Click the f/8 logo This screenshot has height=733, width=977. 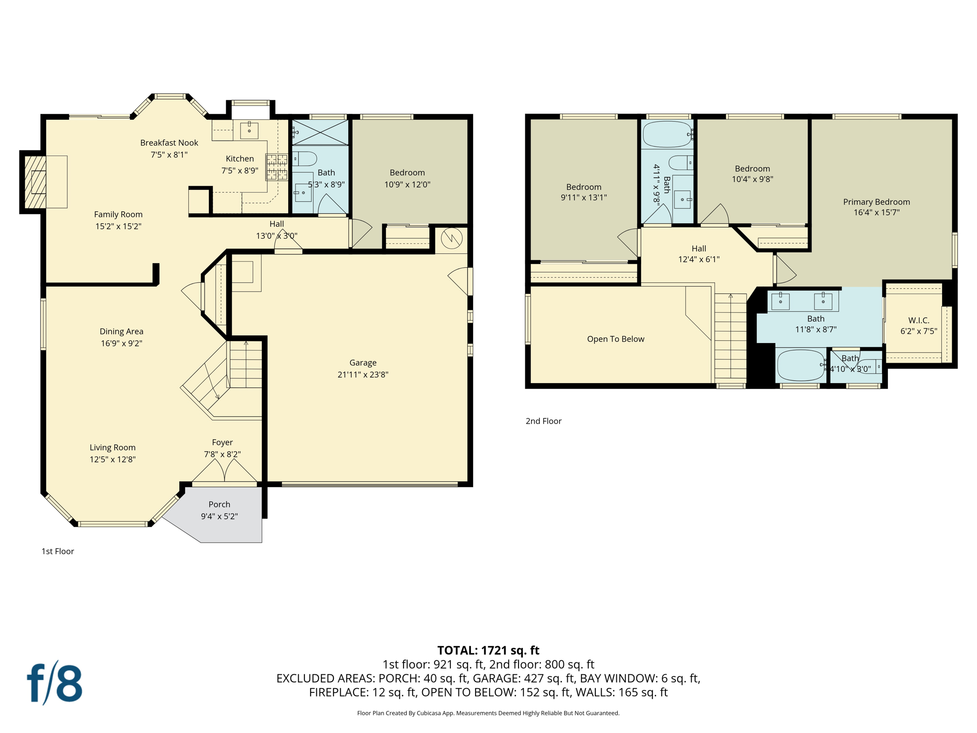pos(54,683)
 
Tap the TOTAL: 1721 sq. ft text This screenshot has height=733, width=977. pos(488,650)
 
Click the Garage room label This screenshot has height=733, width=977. pos(363,363)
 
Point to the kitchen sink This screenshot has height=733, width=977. pos(249,130)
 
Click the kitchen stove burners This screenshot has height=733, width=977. pos(277,167)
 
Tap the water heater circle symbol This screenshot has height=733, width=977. pos(451,238)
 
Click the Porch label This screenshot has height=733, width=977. pos(219,504)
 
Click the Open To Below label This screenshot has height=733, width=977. pos(615,339)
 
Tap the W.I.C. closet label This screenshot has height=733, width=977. pos(918,320)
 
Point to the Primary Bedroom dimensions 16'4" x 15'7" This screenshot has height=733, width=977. pos(876,212)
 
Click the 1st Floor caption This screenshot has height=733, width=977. pos(58,551)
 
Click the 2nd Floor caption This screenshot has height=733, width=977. pos(543,421)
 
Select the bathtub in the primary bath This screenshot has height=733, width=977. pos(801,365)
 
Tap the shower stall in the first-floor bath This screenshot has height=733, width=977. pos(320,132)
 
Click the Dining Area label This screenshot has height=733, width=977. pos(121,331)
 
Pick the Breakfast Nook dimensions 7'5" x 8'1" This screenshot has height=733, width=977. pos(169,155)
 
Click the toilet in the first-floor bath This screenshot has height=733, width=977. pos(304,158)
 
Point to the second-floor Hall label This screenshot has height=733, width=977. pos(698,249)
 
